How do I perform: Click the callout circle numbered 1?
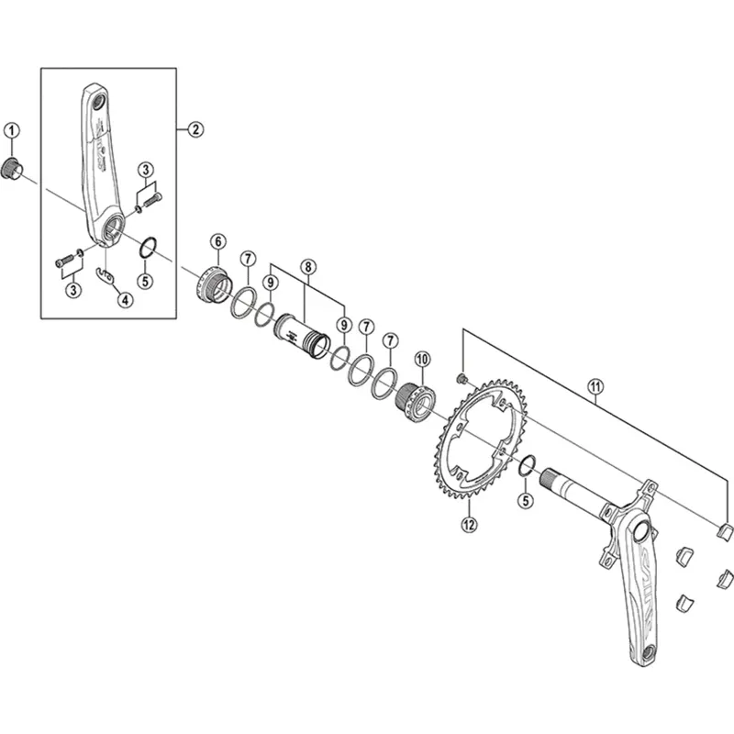coord(11,132)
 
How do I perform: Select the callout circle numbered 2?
coord(195,129)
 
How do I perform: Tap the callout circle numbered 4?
coord(124,299)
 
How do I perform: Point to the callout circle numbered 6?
coord(217,242)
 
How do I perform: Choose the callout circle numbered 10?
coord(422,359)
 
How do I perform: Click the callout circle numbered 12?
coord(470,526)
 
